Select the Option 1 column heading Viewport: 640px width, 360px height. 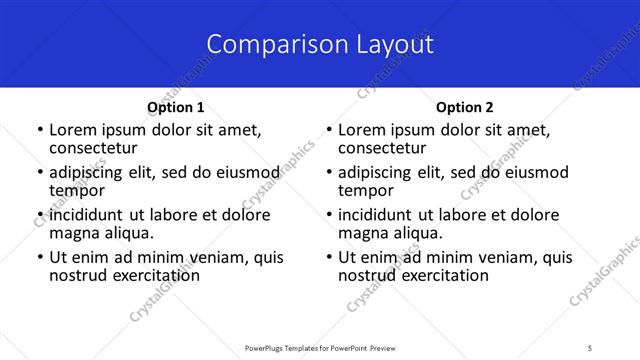point(176,107)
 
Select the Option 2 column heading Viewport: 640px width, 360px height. point(465,107)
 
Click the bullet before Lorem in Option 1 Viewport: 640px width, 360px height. point(39,130)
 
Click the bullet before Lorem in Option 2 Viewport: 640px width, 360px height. point(328,130)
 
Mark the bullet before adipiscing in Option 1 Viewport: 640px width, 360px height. point(39,172)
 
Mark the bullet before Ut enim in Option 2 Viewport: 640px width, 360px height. point(328,257)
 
